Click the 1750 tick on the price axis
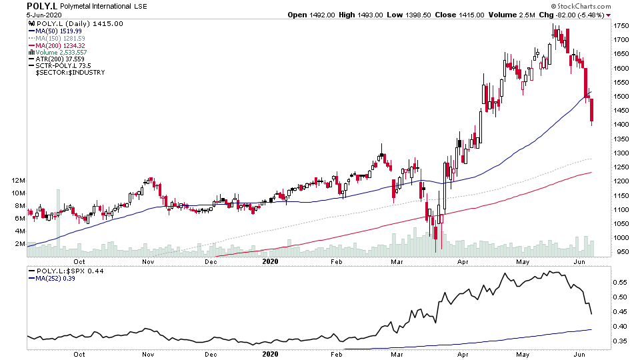coord(622,26)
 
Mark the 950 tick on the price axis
coord(620,252)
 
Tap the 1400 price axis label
coord(622,125)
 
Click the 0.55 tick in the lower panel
coord(620,283)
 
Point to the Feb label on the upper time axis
coord(337,261)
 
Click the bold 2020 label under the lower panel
coord(270,355)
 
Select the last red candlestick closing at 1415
coord(592,111)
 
